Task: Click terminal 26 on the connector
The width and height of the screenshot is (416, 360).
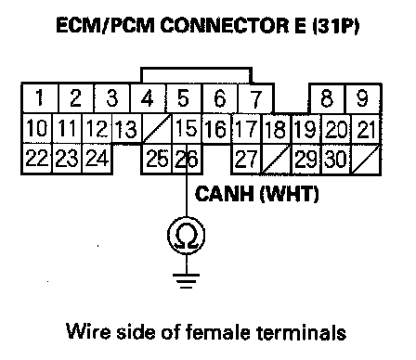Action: click(187, 159)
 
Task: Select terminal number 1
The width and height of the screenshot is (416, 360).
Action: click(40, 98)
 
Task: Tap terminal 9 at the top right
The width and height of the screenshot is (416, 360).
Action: click(363, 98)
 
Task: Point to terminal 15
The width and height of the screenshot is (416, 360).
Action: click(187, 128)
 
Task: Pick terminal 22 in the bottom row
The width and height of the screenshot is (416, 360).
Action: click(37, 159)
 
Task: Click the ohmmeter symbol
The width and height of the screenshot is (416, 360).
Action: click(187, 236)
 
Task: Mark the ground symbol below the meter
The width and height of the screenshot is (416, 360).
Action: click(187, 281)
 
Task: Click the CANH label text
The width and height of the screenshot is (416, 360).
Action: click(224, 194)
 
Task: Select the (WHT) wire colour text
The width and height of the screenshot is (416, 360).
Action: click(289, 195)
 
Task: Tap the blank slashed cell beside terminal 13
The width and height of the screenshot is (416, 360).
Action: click(157, 128)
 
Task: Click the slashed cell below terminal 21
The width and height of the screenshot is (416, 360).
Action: click(366, 160)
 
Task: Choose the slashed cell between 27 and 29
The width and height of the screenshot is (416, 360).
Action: click(277, 160)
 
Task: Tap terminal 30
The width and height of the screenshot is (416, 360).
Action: click(336, 160)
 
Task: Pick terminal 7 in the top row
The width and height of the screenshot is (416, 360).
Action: click(255, 98)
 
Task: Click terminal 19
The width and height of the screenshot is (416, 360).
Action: click(306, 129)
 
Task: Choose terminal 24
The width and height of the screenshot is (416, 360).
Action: click(97, 159)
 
